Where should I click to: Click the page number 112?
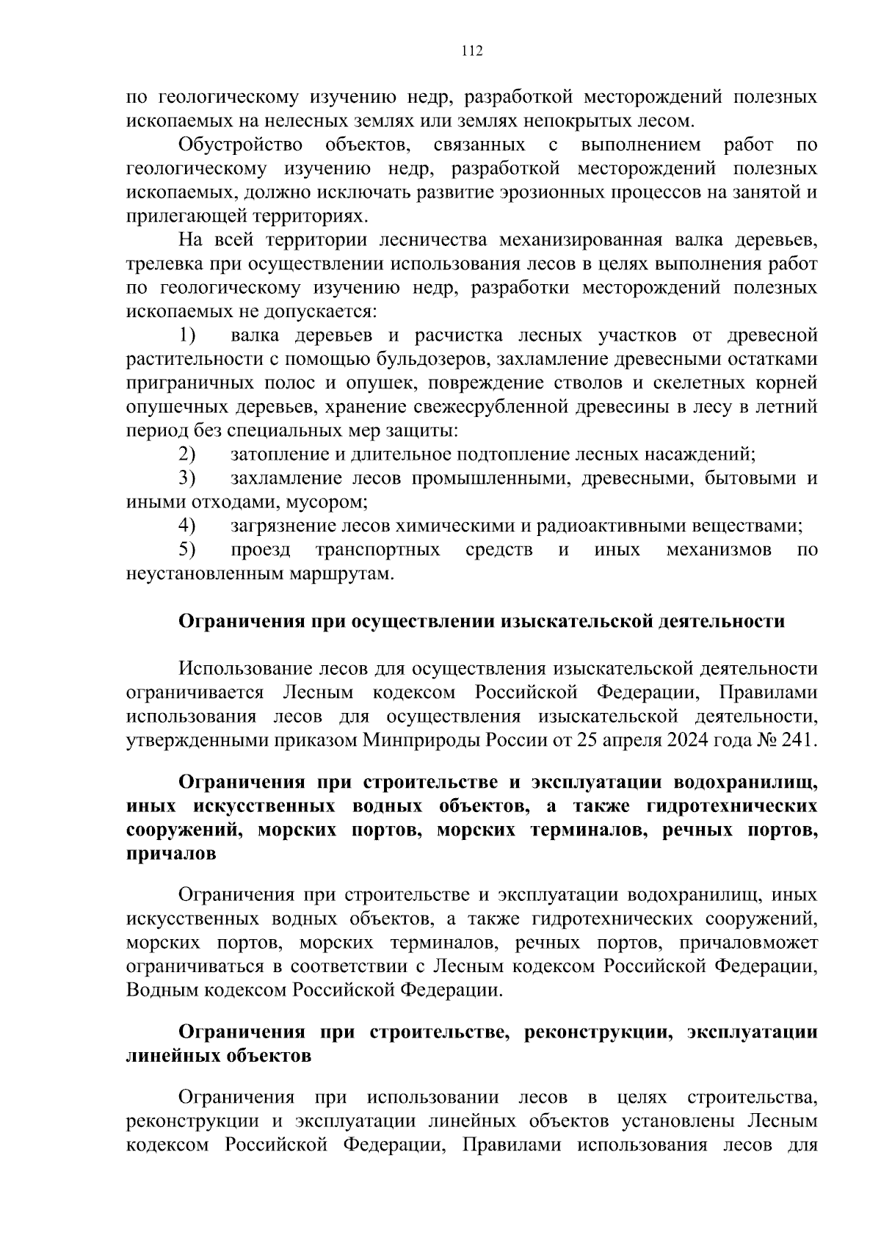tap(472, 51)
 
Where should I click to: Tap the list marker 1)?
tap(187, 336)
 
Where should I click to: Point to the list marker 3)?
tap(187, 479)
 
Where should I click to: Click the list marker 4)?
tap(187, 526)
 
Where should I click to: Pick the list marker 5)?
tap(187, 550)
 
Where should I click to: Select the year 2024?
tap(686, 740)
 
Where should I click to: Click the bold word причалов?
tap(171, 854)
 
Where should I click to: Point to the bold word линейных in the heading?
tap(171, 1056)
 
